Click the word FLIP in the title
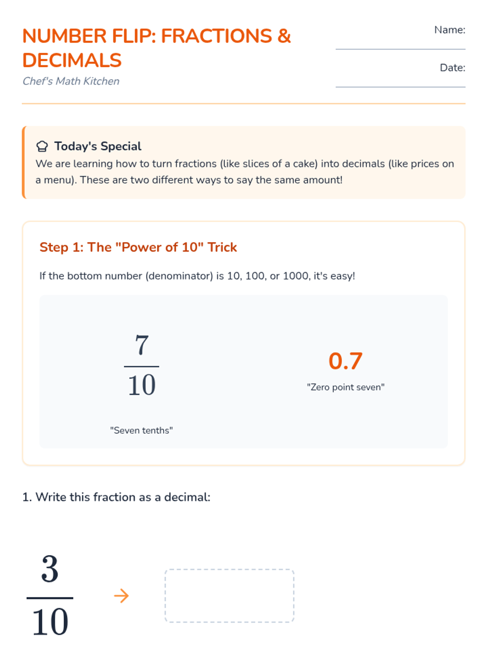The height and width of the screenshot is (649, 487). point(134,36)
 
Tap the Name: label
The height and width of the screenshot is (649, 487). point(449,30)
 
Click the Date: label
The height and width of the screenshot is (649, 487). point(453,68)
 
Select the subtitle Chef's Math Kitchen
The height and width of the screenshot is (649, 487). point(71,81)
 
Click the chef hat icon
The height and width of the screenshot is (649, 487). point(42,146)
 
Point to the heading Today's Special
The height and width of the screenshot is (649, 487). point(98,146)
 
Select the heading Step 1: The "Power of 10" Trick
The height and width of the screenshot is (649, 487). point(138,247)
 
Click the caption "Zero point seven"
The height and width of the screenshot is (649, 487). point(346,387)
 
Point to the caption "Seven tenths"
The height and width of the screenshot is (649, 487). point(141,430)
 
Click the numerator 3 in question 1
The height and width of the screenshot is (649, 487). point(50,569)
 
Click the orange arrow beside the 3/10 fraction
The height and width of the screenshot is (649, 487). point(121,596)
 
